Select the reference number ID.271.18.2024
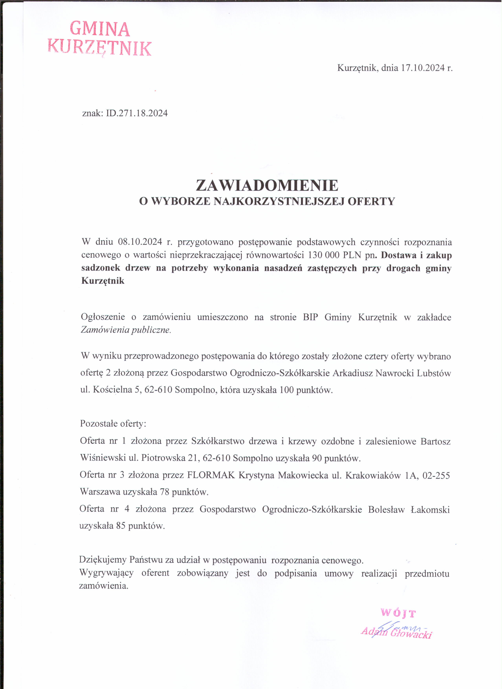pyautogui.click(x=137, y=113)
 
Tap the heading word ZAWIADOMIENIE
pyautogui.click(x=267, y=185)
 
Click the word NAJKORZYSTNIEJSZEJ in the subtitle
pyautogui.click(x=279, y=202)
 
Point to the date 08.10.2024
pyautogui.click(x=140, y=242)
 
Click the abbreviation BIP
pyautogui.click(x=311, y=317)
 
